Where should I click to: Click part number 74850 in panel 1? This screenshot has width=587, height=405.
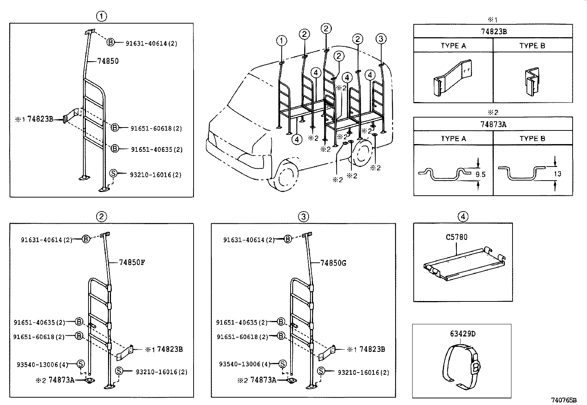pos(108,61)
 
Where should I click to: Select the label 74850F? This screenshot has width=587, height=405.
pos(132,263)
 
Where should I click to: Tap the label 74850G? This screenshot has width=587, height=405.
pos(333,263)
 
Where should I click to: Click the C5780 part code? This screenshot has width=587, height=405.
pos(456,237)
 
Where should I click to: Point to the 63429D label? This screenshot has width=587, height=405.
pos(463,334)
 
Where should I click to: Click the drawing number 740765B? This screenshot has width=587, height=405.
pos(564,400)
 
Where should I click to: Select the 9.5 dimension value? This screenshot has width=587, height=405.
pos(480,175)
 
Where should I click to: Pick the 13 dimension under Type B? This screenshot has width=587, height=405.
pos(558,174)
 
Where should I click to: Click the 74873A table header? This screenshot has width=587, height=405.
pos(493,125)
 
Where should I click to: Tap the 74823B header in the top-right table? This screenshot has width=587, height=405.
pos(493,32)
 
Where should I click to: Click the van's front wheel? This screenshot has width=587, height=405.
pos(284,177)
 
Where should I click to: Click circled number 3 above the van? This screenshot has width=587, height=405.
pos(381,38)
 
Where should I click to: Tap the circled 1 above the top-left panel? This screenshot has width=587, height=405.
pos(101,16)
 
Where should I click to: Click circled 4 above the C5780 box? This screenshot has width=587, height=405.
pos(463,216)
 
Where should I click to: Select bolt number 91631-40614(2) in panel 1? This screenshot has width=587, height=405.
pos(151,43)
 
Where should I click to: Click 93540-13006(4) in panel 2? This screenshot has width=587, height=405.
pos(42,365)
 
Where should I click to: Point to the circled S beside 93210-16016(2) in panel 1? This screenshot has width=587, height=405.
pos(113,174)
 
